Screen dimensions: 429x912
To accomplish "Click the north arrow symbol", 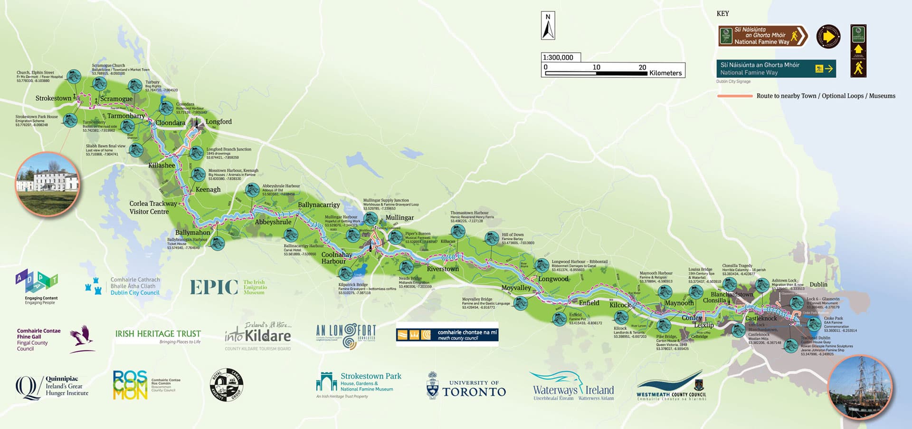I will (x=548, y=26).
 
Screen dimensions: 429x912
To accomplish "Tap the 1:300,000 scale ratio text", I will (x=558, y=58).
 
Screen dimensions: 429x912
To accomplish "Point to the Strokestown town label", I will (x=53, y=98).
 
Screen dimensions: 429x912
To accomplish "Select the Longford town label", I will (x=218, y=122).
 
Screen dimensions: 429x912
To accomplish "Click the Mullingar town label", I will (x=399, y=218).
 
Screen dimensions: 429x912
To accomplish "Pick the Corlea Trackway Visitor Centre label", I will (x=153, y=207).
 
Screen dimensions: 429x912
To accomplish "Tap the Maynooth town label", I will (x=679, y=303).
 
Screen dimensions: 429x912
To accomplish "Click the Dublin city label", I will (x=818, y=284).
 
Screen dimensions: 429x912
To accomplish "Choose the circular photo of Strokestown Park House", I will (x=47, y=184).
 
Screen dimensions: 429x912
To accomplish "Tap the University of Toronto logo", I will (x=466, y=387).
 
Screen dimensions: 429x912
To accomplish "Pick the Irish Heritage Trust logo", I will (x=158, y=336).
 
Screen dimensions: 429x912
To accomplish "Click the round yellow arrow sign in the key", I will (x=828, y=37).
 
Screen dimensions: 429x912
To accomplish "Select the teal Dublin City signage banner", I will (x=776, y=68).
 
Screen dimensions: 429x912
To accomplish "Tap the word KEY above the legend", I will (x=722, y=14).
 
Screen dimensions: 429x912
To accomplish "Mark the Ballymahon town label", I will (x=192, y=233).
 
